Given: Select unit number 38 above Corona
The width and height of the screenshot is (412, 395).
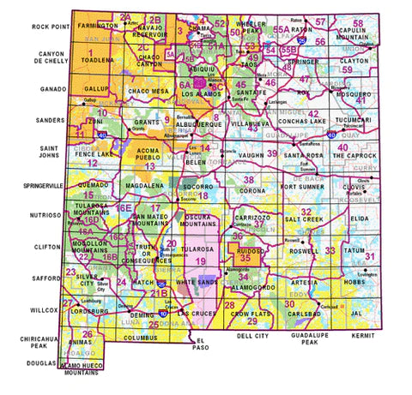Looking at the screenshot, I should (249, 180).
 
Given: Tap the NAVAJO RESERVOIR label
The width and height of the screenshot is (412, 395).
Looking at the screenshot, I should (154, 32).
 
